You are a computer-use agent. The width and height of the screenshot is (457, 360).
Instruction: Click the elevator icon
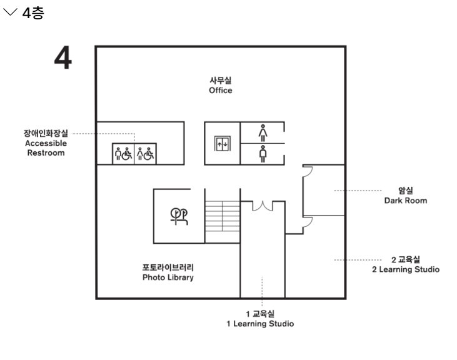click(x=223, y=143)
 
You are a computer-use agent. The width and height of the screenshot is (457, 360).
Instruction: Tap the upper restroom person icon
click(x=263, y=132)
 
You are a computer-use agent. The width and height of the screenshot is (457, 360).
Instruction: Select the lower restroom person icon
click(x=263, y=154)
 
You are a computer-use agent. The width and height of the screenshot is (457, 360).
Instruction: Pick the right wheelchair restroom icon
click(x=145, y=153)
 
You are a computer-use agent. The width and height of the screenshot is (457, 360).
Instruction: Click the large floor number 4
click(x=63, y=58)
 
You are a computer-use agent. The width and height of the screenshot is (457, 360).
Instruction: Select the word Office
click(x=221, y=91)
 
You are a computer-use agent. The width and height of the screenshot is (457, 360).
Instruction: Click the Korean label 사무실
click(x=221, y=80)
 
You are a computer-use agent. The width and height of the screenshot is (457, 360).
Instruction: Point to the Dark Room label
click(x=406, y=201)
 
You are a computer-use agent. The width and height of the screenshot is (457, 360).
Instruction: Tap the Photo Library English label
click(x=168, y=277)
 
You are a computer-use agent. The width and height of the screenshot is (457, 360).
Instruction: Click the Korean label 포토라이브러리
click(x=168, y=267)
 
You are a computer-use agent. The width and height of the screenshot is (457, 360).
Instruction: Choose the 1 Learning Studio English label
click(x=260, y=324)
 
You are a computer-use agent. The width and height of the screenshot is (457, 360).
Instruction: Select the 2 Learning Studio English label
click(x=406, y=269)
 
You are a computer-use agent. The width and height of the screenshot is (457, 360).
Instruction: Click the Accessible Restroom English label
click(x=45, y=147)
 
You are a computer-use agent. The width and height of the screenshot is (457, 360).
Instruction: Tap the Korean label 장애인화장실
click(x=45, y=133)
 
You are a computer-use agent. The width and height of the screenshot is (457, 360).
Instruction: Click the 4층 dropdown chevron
click(x=11, y=13)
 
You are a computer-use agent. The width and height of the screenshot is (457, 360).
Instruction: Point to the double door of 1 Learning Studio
click(x=263, y=204)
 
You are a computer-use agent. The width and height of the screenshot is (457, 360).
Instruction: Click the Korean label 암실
click(x=406, y=191)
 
